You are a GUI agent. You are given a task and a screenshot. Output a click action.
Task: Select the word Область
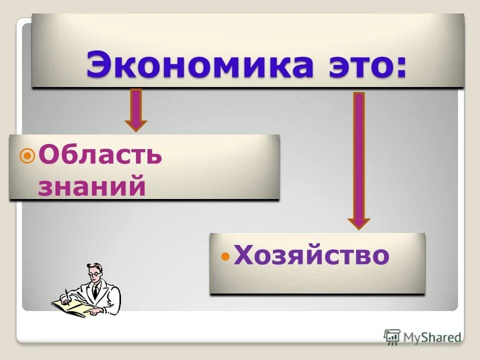coord(100,156)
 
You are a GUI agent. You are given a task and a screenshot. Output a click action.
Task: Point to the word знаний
coord(92,186)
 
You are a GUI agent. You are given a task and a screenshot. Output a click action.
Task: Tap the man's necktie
coord(95,290)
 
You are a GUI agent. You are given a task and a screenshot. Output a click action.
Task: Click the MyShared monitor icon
coord(392,336)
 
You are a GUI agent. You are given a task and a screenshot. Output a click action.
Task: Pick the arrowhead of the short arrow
coord(136,125)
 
